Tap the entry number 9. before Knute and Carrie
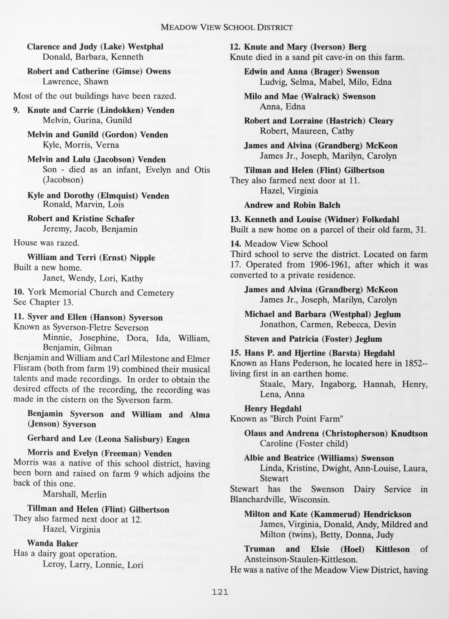(x=17, y=110)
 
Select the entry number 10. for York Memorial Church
(x=18, y=293)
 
